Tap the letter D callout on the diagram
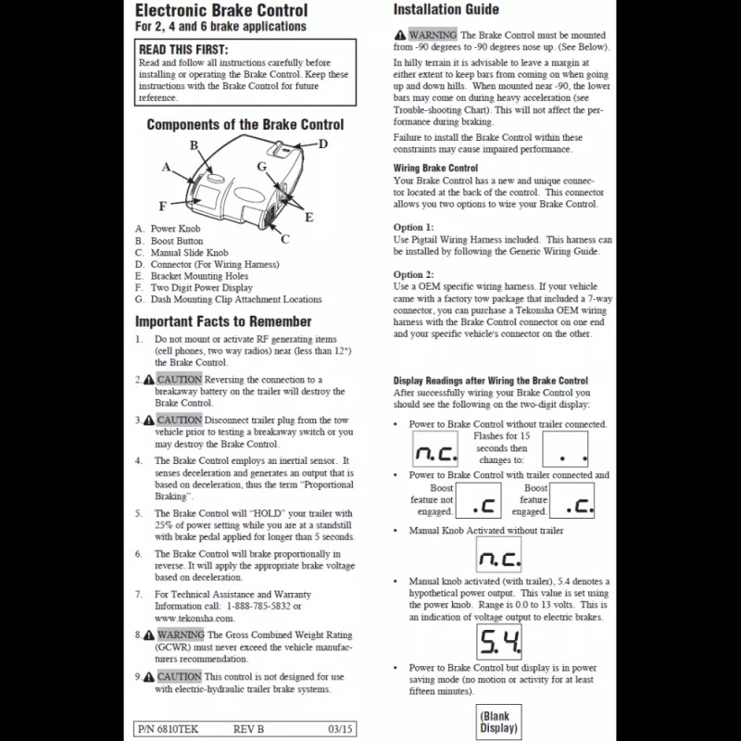point(323,144)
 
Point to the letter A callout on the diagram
point(167,168)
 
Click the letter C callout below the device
point(284,238)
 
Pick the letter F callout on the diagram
point(163,206)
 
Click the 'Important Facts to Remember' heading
point(223,321)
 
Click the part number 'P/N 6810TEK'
point(166,728)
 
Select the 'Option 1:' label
point(413,227)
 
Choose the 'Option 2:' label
point(413,275)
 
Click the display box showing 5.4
point(499,640)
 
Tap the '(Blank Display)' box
point(499,722)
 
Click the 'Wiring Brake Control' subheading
point(435,169)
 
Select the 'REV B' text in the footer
point(248,728)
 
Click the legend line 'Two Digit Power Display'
point(201,288)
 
